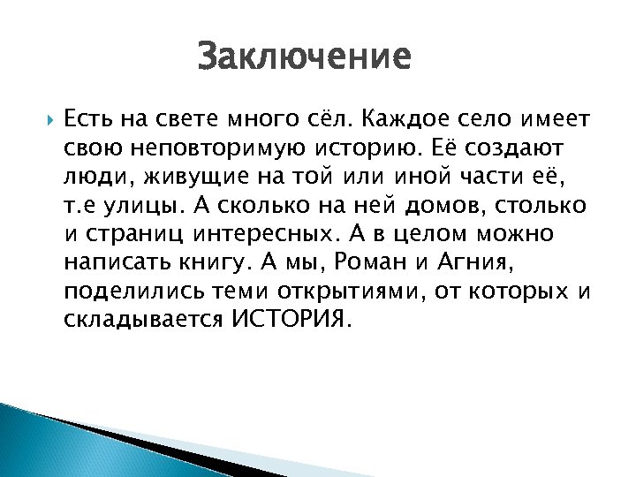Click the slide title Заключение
point(304,57)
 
